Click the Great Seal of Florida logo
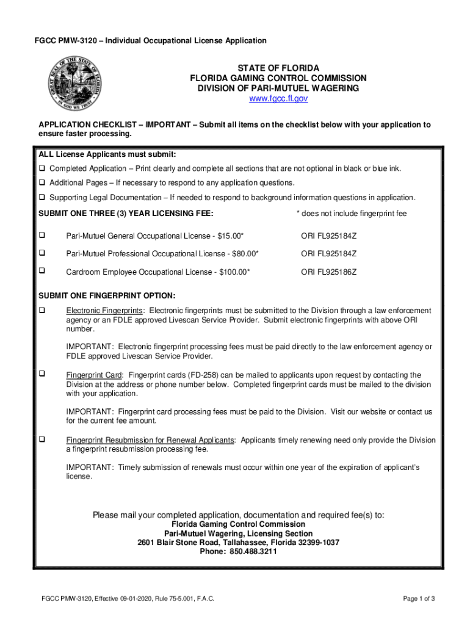tap(71, 85)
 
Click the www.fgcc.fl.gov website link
tap(278, 99)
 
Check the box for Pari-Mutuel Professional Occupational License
tap(43, 253)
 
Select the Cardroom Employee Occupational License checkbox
tap(43, 270)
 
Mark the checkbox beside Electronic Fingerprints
tap(43, 310)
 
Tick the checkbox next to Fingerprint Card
tap(43, 374)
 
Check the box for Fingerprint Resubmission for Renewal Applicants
tap(43, 439)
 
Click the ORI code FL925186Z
tap(329, 272)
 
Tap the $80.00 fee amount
tap(242, 253)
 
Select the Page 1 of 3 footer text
tap(419, 599)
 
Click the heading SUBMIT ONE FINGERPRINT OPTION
tap(107, 295)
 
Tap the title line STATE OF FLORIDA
tap(278, 68)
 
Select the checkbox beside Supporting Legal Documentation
tap(43, 197)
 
